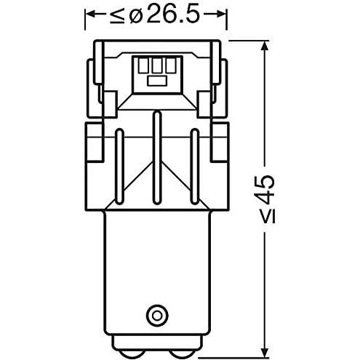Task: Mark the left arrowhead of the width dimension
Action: (90, 15)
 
